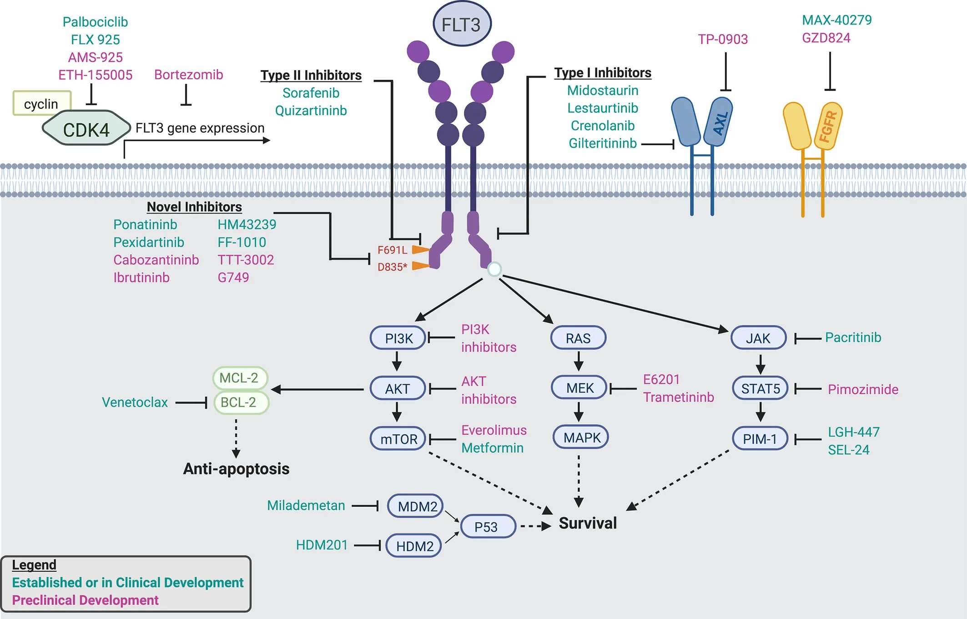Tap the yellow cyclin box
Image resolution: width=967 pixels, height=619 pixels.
point(41,103)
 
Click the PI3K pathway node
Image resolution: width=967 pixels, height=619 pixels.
point(398,338)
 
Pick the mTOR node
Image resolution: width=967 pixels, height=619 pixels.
point(398,439)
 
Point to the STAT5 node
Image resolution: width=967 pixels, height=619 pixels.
point(760,388)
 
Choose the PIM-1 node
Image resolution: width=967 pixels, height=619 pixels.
point(760,439)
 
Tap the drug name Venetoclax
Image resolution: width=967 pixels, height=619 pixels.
point(135,402)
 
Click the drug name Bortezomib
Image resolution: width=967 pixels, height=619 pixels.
point(188,75)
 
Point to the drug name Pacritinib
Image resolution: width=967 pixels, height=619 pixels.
point(853,337)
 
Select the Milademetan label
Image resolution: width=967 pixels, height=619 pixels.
point(306,505)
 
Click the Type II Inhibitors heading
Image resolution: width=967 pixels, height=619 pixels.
point(311,75)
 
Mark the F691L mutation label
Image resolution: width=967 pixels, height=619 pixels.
point(392,250)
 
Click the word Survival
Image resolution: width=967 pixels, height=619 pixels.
point(588,523)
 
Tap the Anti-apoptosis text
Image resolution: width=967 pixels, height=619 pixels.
point(236,468)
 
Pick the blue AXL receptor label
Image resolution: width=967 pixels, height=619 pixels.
point(720,123)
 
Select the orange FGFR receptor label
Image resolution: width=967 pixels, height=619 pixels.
point(828,126)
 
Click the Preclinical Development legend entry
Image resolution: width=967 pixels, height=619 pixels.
point(85,600)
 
